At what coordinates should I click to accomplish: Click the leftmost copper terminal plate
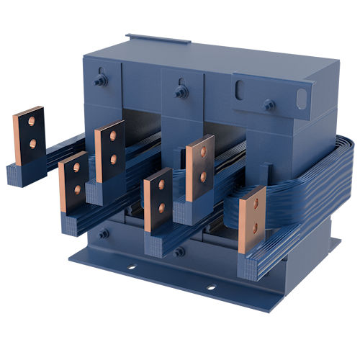28,134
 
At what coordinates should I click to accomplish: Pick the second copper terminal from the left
75,181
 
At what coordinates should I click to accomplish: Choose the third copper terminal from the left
110,150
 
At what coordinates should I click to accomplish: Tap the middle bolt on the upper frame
181,91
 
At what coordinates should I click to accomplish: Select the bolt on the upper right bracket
269,104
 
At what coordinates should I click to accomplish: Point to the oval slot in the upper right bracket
240,91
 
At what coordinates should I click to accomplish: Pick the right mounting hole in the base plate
211,287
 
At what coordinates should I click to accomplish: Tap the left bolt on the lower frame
104,233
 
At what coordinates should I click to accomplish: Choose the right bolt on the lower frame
179,252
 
